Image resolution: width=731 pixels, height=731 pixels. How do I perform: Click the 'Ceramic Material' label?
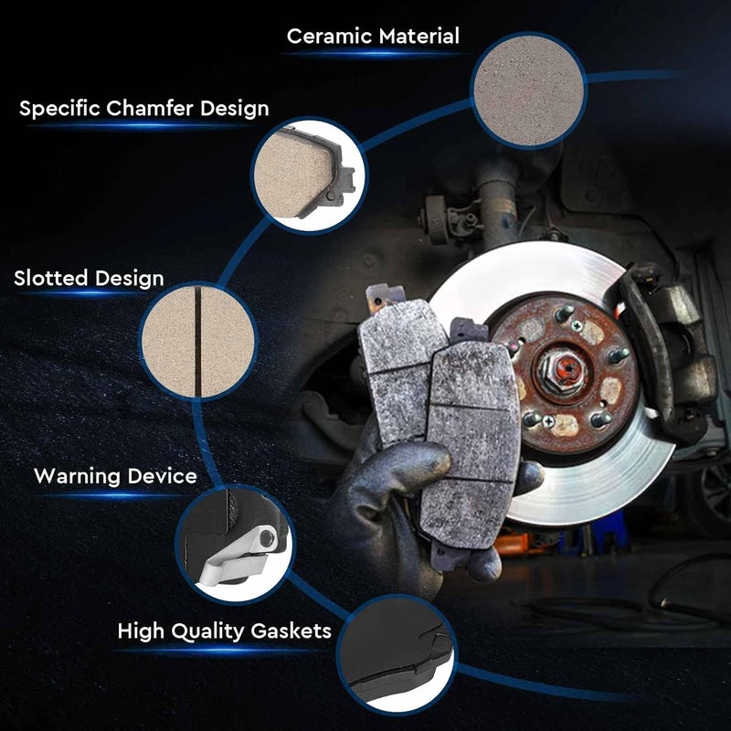(373, 37)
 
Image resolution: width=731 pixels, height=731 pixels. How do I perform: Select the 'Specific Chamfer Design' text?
(144, 109)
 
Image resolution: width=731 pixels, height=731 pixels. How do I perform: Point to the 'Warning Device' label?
(115, 476)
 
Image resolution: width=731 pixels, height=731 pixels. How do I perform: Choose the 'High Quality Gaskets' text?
(224, 630)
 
